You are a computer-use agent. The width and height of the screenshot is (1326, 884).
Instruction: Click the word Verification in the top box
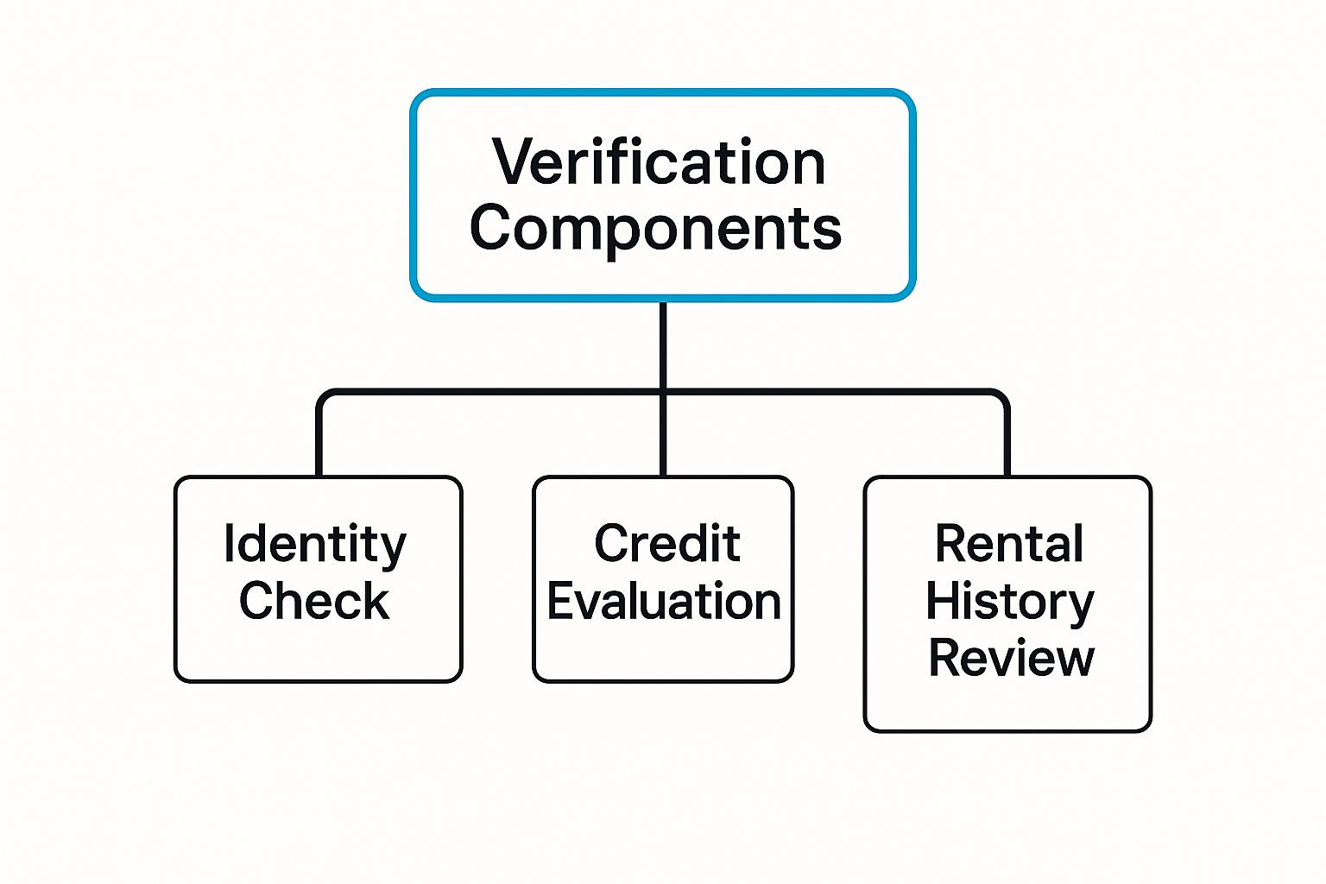659,162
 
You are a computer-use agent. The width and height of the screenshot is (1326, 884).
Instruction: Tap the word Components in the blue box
655,229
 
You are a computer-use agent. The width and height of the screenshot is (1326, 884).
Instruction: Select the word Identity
315,546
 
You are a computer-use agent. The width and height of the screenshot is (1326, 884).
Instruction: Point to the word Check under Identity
314,601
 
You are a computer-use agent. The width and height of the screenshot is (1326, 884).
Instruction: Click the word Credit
666,544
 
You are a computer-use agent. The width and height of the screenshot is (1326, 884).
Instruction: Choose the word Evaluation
664,601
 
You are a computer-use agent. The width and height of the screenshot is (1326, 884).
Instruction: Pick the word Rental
1009,544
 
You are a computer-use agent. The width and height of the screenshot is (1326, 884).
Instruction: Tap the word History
1009,602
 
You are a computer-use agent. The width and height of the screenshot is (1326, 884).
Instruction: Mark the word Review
1011,658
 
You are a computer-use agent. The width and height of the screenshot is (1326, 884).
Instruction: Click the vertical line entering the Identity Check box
319,440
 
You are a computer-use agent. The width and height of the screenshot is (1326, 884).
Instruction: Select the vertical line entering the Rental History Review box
1007,440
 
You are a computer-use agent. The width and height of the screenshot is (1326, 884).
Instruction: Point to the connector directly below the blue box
663,345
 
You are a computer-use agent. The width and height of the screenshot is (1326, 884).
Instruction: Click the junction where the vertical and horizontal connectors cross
663,393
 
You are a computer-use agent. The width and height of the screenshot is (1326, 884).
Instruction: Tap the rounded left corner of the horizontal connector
324,397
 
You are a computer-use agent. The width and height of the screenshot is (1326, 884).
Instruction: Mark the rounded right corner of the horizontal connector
1002,397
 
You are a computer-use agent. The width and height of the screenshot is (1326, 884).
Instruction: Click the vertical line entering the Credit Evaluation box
663,440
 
